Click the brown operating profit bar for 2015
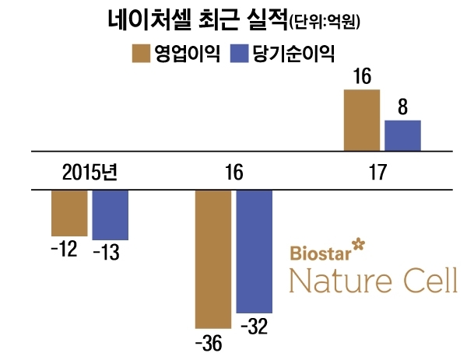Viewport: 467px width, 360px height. point(69,212)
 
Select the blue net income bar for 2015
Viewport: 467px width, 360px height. point(110,215)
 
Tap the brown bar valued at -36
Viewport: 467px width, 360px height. point(212,258)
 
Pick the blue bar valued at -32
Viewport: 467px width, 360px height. point(254,250)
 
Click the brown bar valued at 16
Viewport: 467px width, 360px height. point(362,120)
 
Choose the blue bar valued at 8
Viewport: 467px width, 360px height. point(402,135)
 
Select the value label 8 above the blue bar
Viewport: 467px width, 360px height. point(402,107)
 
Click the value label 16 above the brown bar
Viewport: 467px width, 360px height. point(362,77)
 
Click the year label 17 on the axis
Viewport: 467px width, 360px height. point(381,171)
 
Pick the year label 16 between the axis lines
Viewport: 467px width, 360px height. point(233,171)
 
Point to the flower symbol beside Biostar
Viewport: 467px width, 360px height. point(358,245)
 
